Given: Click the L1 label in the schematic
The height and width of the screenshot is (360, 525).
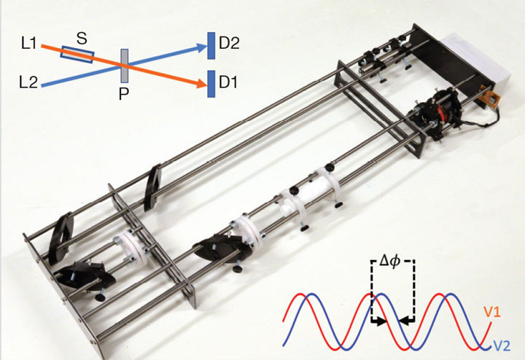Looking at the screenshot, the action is pyautogui.click(x=28, y=44).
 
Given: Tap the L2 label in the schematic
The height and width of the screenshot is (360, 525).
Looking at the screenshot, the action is pyautogui.click(x=28, y=82).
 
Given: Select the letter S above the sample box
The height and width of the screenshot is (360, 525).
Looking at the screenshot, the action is pyautogui.click(x=82, y=39).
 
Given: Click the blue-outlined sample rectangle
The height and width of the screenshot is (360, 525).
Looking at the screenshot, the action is pyautogui.click(x=77, y=55).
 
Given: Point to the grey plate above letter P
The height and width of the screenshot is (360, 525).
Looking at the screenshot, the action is pyautogui.click(x=125, y=66).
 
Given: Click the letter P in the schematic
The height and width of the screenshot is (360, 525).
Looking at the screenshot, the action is pyautogui.click(x=123, y=95).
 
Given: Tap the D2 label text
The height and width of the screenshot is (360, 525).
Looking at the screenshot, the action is pyautogui.click(x=229, y=44).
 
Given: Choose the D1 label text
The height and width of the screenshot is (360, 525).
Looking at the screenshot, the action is pyautogui.click(x=228, y=82).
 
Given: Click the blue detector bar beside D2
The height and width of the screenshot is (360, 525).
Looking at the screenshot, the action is pyautogui.click(x=211, y=46).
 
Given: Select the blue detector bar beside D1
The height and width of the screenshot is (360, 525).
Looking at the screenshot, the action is pyautogui.click(x=211, y=84).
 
